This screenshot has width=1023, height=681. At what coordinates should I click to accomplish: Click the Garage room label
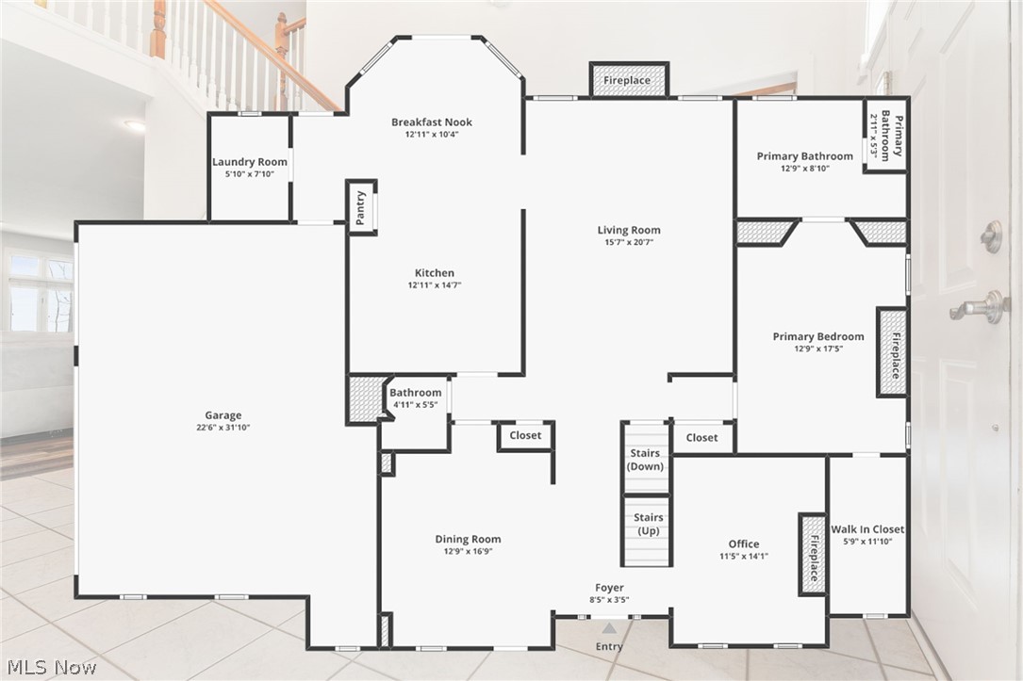click(x=223, y=415)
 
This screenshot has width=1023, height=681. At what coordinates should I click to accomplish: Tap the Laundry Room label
click(x=250, y=162)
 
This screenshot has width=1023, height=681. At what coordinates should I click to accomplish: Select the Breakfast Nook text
click(x=432, y=122)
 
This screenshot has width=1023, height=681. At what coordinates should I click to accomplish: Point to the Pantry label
click(x=360, y=208)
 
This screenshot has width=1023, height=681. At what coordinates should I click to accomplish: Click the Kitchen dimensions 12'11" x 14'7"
click(x=435, y=285)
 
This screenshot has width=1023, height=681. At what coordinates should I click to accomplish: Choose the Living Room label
click(x=629, y=230)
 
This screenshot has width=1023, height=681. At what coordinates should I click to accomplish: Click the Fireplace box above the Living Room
click(x=628, y=80)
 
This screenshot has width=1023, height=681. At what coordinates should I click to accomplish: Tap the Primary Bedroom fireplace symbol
click(x=892, y=351)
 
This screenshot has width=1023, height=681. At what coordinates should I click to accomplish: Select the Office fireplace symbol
click(x=812, y=554)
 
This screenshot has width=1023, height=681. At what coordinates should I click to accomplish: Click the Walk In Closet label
click(x=867, y=529)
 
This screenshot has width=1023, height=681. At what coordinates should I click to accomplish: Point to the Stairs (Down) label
click(x=647, y=460)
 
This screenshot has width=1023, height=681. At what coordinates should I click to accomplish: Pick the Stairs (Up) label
click(x=648, y=524)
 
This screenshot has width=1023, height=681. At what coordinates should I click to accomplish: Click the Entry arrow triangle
click(x=610, y=628)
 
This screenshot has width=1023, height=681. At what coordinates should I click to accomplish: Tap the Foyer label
click(x=609, y=588)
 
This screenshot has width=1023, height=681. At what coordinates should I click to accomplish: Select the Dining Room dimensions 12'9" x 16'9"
click(x=467, y=552)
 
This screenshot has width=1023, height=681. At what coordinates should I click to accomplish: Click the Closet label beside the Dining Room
click(x=525, y=435)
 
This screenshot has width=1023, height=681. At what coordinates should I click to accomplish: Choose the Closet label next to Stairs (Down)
click(x=701, y=437)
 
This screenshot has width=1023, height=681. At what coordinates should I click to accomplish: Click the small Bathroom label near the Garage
click(x=416, y=393)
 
